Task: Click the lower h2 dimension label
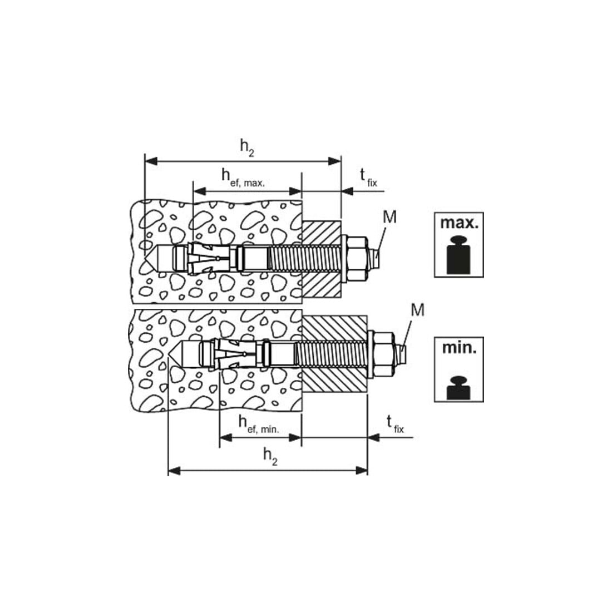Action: (270, 456)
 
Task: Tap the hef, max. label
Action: (243, 178)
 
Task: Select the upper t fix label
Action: (369, 177)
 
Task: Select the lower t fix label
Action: (395, 425)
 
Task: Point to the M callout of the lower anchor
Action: (418, 310)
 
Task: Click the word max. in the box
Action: (459, 223)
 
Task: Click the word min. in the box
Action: (460, 347)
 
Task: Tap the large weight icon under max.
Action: (459, 254)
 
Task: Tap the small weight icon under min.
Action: (458, 388)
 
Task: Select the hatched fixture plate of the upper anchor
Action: (322, 259)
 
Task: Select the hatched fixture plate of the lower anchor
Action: (335, 354)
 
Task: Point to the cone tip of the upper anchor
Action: (145, 258)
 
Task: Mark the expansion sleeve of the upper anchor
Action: (213, 258)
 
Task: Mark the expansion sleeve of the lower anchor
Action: (238, 354)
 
